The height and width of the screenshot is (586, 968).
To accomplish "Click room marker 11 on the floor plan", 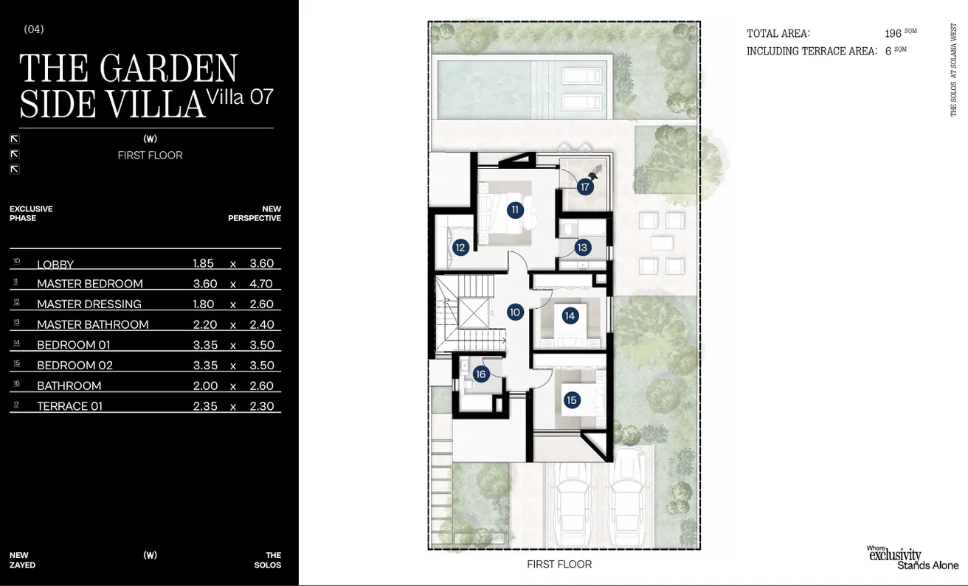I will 515,210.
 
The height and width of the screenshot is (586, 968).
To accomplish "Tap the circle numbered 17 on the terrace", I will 585,187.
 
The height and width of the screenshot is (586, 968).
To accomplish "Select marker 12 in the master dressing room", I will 460,248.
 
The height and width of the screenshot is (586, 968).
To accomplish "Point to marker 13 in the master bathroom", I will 582,248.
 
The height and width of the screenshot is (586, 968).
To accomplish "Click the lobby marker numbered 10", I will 515,313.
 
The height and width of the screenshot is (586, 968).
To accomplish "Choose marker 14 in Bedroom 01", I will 570,316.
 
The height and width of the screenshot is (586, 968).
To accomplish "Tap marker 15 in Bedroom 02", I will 572,400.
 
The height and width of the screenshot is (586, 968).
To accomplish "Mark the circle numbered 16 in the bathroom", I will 481,374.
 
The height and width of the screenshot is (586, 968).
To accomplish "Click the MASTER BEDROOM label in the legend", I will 90,284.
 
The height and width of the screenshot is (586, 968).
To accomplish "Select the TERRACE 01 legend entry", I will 70,406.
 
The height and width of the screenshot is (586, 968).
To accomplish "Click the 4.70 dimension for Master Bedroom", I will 261,284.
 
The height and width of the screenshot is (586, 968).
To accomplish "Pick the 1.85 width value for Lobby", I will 203,264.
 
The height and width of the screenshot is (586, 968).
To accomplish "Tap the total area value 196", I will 893,34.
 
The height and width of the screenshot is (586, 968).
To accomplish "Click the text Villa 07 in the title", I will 241,97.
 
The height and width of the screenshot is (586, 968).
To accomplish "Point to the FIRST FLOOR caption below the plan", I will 559,565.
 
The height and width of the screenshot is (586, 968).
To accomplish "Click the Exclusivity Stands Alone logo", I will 912,557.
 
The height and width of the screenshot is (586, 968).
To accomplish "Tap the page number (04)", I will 34,29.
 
